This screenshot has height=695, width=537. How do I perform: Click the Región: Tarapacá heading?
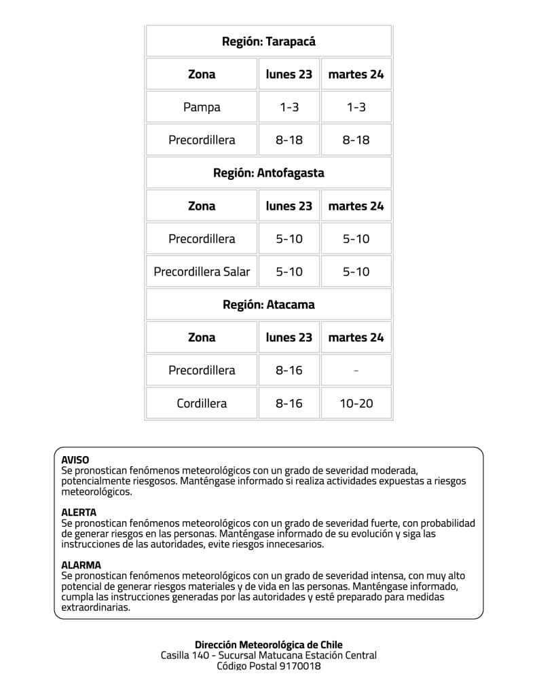(x=269, y=41)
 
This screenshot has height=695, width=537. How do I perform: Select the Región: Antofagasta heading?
(x=269, y=173)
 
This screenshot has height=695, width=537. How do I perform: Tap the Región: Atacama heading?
(x=269, y=305)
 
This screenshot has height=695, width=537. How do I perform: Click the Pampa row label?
(x=202, y=107)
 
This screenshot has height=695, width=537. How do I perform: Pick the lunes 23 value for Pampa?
(x=289, y=107)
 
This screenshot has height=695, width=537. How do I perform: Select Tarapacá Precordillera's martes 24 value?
(x=356, y=140)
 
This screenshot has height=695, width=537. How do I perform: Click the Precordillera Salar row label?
(x=202, y=272)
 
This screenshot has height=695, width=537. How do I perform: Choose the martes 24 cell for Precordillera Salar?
(x=356, y=272)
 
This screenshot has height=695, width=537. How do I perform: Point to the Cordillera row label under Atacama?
(x=202, y=404)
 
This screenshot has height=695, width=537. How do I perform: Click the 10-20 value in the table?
(x=356, y=404)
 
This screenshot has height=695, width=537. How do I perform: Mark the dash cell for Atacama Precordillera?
(x=356, y=371)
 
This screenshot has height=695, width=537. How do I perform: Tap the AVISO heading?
(x=75, y=460)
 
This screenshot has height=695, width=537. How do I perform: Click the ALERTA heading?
(x=79, y=512)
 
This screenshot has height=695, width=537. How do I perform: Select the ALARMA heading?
(x=81, y=565)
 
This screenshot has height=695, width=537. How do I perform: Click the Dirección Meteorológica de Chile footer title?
(x=269, y=645)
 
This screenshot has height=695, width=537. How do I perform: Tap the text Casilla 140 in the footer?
(x=184, y=656)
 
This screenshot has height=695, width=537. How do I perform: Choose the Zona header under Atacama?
(x=202, y=338)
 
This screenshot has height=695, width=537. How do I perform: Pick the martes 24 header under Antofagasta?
(x=356, y=206)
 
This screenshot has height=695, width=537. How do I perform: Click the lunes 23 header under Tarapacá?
(x=289, y=75)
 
